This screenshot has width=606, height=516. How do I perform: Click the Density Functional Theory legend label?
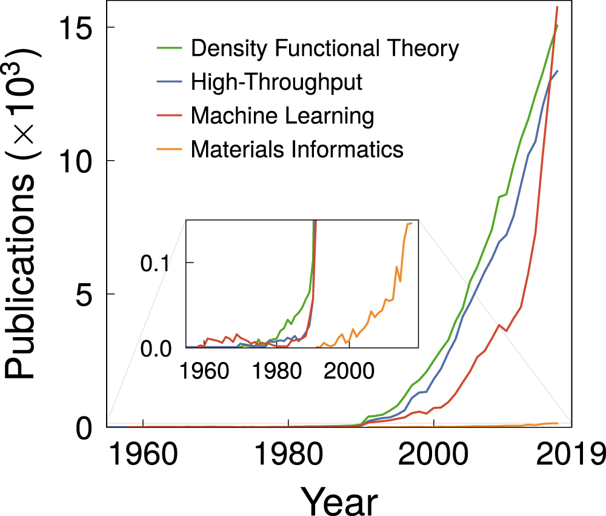pos(325,49)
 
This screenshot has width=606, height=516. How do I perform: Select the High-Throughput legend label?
pos(276,82)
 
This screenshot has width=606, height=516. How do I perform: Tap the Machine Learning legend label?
pos(282,115)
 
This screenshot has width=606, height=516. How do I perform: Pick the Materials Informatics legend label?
pos(297,149)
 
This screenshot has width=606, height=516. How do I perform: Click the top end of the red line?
pos(558,7)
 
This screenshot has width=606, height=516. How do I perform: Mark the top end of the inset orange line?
pos(411,223)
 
